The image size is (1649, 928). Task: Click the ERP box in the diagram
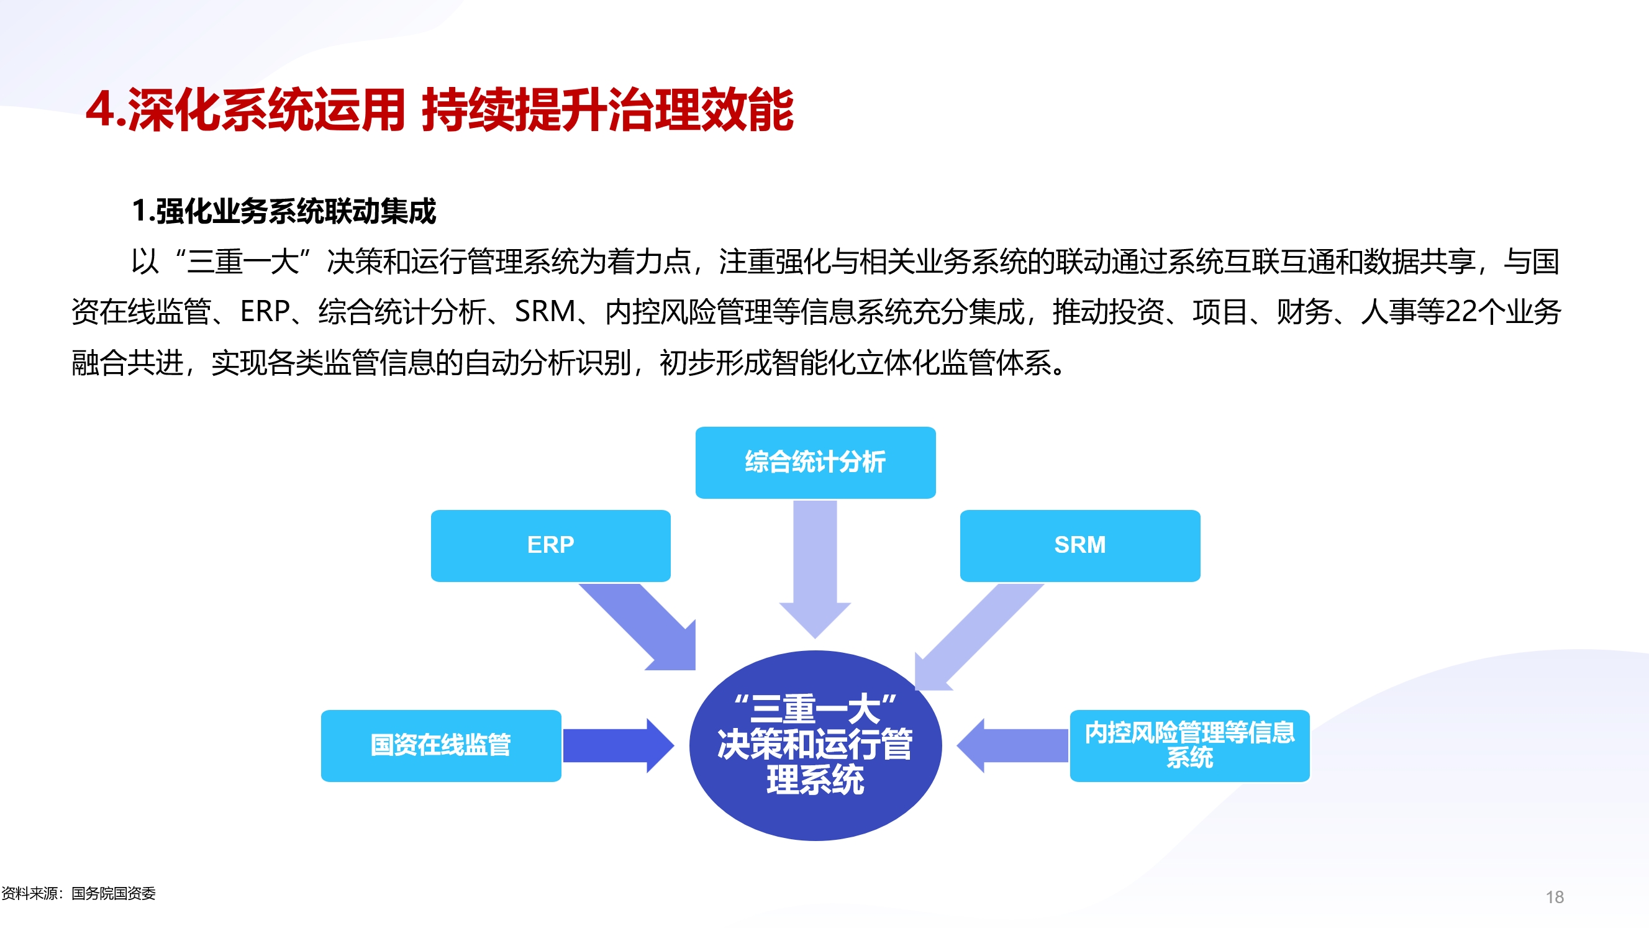click(550, 545)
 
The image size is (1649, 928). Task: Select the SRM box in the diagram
click(1079, 545)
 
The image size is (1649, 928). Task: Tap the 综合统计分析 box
click(815, 462)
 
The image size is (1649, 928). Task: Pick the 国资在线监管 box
click(440, 745)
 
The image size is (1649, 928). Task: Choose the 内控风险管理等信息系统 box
click(1189, 745)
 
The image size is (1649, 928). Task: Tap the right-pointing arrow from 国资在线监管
click(614, 745)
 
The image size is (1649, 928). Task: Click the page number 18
click(1554, 897)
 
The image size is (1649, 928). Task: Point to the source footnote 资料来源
click(78, 893)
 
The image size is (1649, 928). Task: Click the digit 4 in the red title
click(101, 110)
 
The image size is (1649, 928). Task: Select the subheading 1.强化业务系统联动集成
click(284, 211)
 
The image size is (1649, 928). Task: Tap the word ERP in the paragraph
click(265, 312)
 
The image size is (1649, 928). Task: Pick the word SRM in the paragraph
click(545, 312)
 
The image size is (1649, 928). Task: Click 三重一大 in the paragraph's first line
click(243, 262)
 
